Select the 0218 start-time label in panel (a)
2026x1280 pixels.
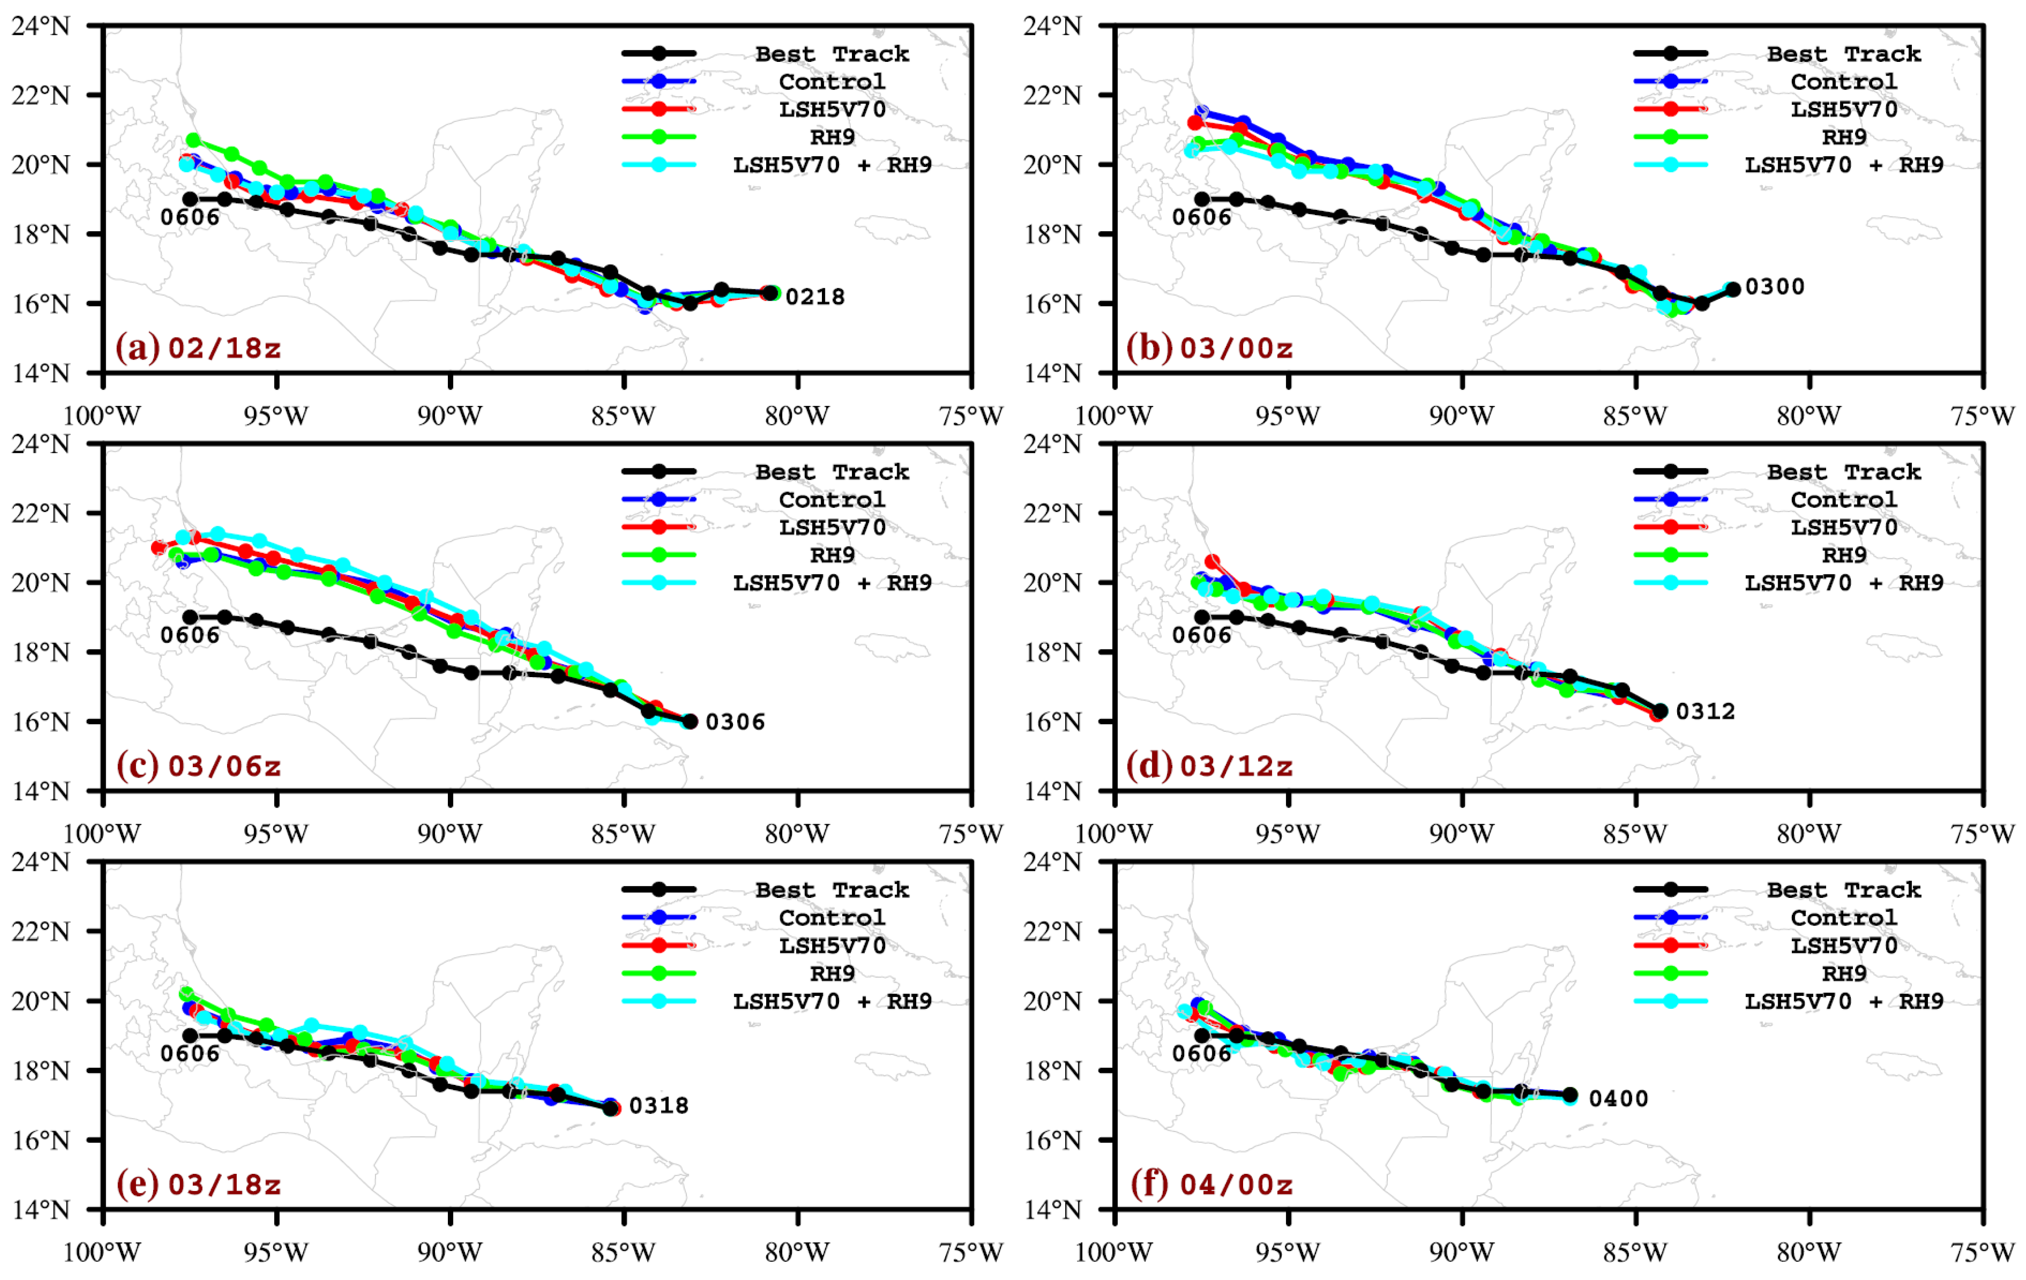pyautogui.click(x=814, y=297)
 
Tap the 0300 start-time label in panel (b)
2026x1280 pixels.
pyautogui.click(x=1774, y=287)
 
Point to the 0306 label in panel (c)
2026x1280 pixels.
pyautogui.click(x=734, y=721)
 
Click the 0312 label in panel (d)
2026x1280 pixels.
pyautogui.click(x=1705, y=711)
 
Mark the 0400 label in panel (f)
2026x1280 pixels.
pyautogui.click(x=1618, y=1098)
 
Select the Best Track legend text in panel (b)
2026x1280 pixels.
pyautogui.click(x=1843, y=54)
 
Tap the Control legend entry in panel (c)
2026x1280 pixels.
pyautogui.click(x=831, y=500)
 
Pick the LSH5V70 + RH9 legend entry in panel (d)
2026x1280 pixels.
pyautogui.click(x=1843, y=583)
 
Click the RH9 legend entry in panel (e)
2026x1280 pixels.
pyautogui.click(x=831, y=973)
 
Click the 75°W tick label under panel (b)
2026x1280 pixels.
pyautogui.click(x=1982, y=415)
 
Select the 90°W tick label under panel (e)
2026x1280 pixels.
pyautogui.click(x=450, y=1252)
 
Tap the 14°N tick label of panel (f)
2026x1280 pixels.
pyautogui.click(x=1052, y=1210)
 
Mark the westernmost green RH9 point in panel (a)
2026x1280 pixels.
pyautogui.click(x=193, y=140)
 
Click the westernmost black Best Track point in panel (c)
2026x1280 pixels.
pyautogui.click(x=190, y=617)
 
